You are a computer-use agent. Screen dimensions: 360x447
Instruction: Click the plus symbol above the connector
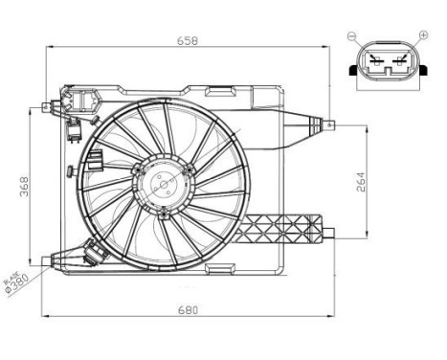[420, 36]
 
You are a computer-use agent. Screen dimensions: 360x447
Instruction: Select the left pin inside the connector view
[373, 65]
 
